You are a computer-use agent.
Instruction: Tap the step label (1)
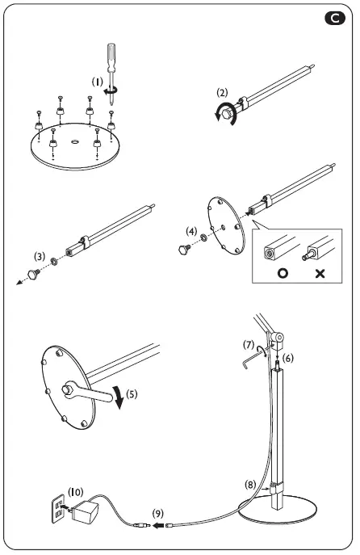pyautogui.click(x=97, y=82)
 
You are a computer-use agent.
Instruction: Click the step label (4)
pyautogui.click(x=190, y=231)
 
